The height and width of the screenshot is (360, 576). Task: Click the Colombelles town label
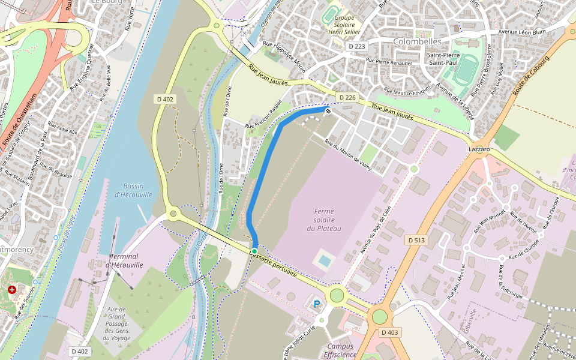pyautogui.click(x=417, y=41)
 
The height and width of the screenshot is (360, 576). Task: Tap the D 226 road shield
pyautogui.click(x=347, y=97)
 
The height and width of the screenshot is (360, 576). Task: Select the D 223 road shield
pyautogui.click(x=356, y=46)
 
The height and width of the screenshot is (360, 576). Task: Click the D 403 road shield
pyautogui.click(x=389, y=332)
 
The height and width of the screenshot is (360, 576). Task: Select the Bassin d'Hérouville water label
pyautogui.click(x=133, y=190)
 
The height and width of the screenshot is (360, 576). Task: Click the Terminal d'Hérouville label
pyautogui.click(x=125, y=260)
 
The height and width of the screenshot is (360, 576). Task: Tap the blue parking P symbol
pyautogui.click(x=317, y=304)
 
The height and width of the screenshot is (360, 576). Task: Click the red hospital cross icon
pyautogui.click(x=12, y=290)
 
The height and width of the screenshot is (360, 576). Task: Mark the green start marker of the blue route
pyautogui.click(x=254, y=251)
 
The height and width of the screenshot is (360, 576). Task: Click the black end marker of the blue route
pyautogui.click(x=328, y=110)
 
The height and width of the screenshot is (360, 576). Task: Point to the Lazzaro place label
pyautogui.click(x=479, y=148)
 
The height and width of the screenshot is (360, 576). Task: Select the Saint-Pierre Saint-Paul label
pyautogui.click(x=443, y=59)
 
